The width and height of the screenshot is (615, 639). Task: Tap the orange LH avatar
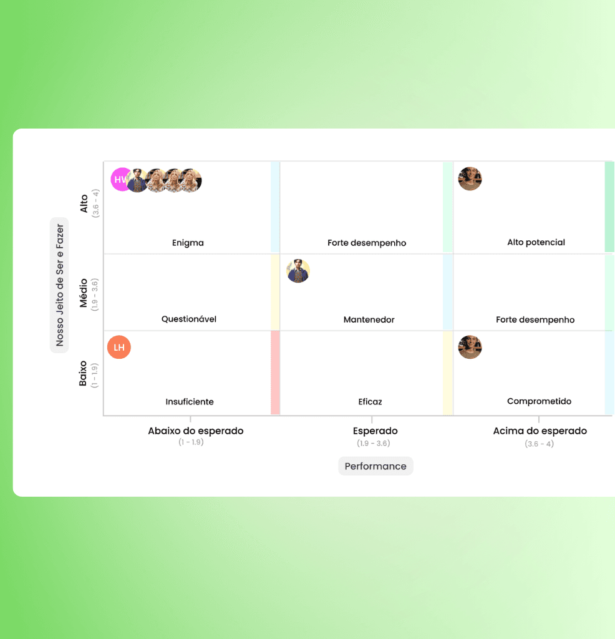point(119,348)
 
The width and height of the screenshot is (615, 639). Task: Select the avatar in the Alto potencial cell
point(470,179)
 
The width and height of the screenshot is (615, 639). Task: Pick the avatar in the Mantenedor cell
point(298,271)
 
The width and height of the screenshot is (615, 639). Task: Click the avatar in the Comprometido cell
point(470,347)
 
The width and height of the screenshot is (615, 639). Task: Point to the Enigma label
point(188,243)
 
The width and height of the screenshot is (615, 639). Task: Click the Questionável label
point(189,319)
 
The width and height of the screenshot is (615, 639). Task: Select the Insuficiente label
point(190,402)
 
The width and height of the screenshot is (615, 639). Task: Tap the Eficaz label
point(370,402)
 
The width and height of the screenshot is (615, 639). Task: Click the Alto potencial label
point(536,242)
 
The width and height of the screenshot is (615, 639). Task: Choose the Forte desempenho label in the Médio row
point(535,319)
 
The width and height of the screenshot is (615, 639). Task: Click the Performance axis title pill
point(375,466)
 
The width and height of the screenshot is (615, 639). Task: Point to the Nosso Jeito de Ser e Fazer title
point(60,285)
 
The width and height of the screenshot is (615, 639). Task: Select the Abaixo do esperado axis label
point(196,431)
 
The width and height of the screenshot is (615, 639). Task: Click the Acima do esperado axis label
point(540,431)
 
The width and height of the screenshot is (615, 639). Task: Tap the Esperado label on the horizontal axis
point(375,431)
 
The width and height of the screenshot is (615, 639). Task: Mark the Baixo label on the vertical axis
point(84,373)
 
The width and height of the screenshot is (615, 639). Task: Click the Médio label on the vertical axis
point(84,293)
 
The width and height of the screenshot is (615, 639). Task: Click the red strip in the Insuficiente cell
point(275,373)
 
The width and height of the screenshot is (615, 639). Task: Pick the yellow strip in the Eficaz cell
point(447,373)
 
